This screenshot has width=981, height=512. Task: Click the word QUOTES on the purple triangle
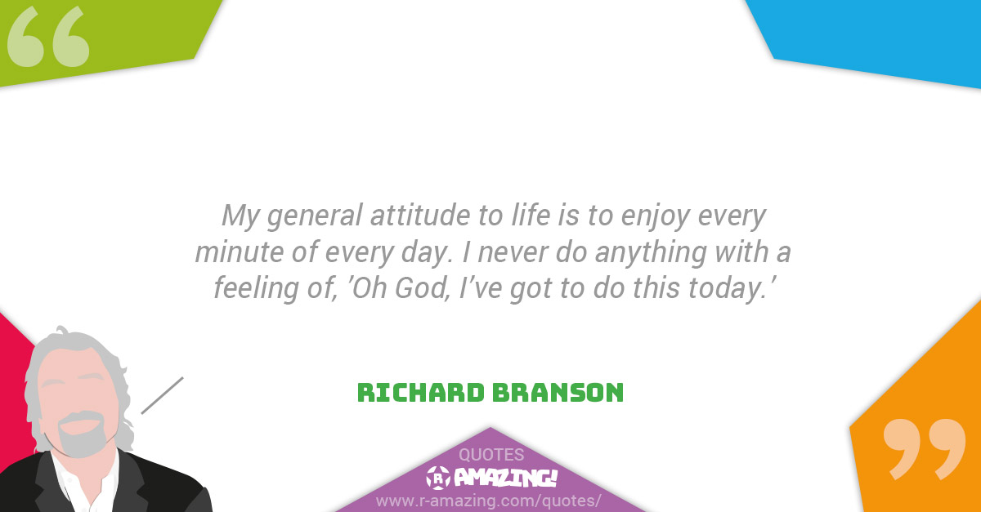point(491,455)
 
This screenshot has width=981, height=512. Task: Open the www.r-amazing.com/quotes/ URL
point(489,499)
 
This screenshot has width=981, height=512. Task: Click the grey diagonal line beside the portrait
point(162,395)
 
